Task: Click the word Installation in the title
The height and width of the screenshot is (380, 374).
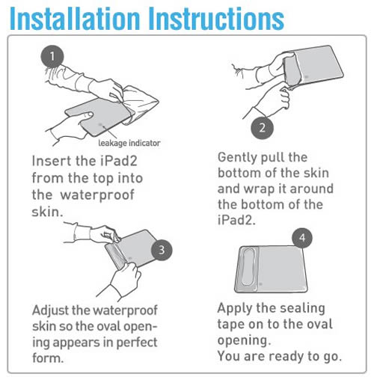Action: (x=75, y=19)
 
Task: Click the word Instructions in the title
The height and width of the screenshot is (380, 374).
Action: (x=216, y=19)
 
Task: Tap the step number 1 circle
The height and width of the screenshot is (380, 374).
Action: (x=52, y=56)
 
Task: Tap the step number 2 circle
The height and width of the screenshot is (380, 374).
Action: (x=262, y=128)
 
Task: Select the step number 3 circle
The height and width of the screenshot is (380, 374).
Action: (x=162, y=250)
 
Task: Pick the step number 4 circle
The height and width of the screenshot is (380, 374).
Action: (x=302, y=238)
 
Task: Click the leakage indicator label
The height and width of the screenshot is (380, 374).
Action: (x=129, y=143)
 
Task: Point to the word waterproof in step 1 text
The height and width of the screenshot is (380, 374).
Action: (x=97, y=194)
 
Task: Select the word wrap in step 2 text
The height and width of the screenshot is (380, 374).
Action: (x=258, y=189)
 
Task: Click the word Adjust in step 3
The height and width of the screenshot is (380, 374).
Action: (x=51, y=311)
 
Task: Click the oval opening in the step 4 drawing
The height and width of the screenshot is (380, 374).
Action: (x=248, y=267)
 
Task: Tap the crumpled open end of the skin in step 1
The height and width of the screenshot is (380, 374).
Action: (x=141, y=102)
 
